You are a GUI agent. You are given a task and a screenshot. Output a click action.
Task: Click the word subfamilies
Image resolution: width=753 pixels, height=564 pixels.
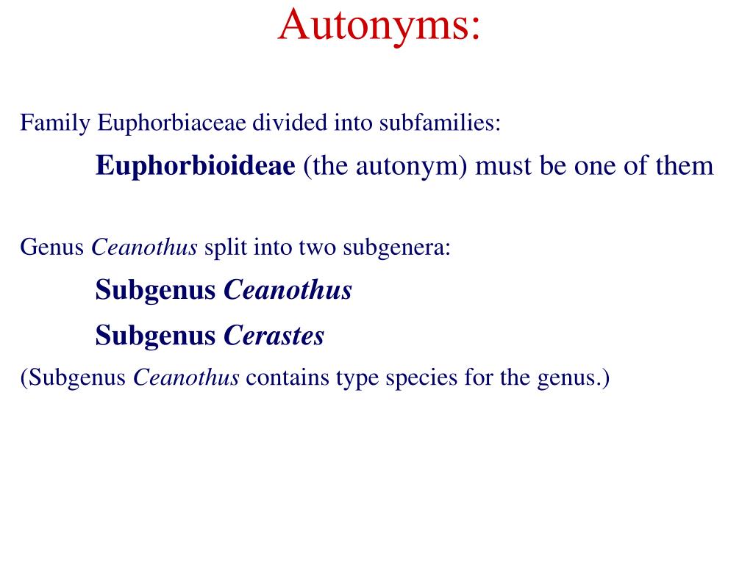click(x=440, y=123)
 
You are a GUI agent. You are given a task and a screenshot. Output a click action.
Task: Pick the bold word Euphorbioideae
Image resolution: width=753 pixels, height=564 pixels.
click(x=195, y=166)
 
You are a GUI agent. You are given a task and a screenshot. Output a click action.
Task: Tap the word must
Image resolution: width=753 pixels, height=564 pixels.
click(x=506, y=166)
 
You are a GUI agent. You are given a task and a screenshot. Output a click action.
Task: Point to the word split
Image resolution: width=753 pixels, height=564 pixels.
click(x=226, y=248)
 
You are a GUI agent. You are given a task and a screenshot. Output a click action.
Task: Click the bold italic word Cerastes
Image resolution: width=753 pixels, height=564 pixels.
click(x=274, y=336)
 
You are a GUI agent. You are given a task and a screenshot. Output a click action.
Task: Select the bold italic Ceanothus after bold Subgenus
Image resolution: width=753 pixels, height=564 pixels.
click(x=288, y=291)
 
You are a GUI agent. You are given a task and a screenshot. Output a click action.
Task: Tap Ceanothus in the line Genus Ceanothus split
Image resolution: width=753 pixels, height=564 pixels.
click(x=145, y=248)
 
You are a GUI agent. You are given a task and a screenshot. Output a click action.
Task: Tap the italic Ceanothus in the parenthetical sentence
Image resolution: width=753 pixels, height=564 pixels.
click(x=186, y=378)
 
